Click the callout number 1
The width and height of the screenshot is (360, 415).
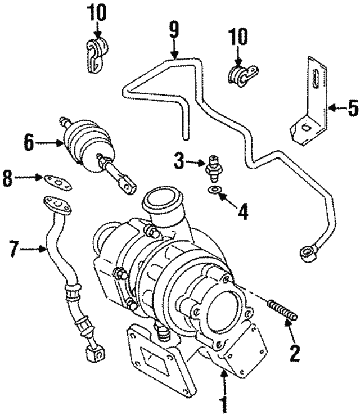pos(224,405)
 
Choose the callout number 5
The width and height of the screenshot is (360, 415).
pos(353,107)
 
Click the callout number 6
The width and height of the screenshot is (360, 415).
pos(29,143)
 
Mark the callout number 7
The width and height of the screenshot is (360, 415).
pos(15,249)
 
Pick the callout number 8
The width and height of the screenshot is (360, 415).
pos(7,178)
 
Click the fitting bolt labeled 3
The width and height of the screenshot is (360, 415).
pos(213,168)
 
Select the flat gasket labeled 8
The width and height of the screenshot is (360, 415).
pos(58,182)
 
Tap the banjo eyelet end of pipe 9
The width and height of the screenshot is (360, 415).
pos(308,254)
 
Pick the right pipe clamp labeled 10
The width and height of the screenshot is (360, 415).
pos(242,75)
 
